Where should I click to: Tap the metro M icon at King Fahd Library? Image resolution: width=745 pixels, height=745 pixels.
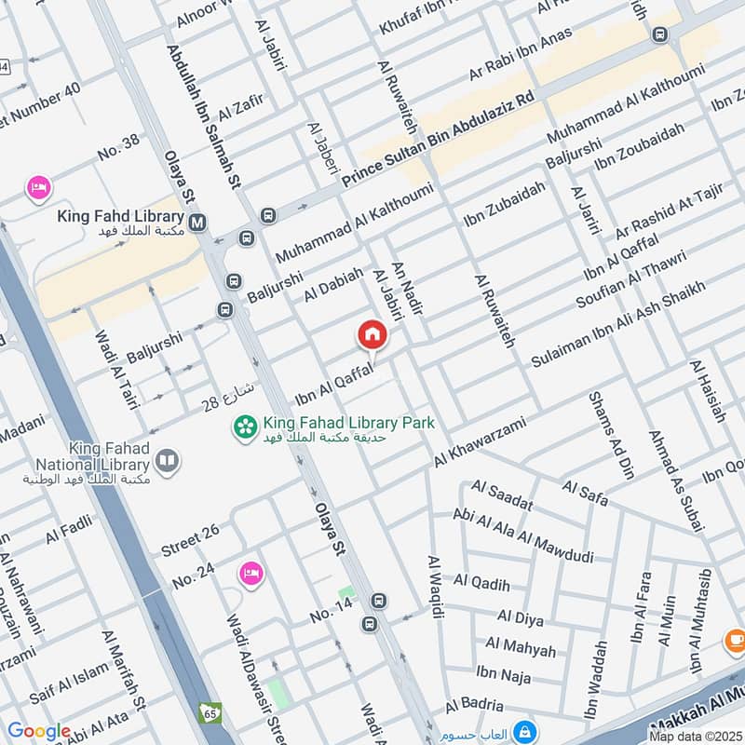pyautogui.click(x=196, y=223)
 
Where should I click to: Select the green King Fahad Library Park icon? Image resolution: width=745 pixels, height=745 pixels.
pyautogui.click(x=246, y=428)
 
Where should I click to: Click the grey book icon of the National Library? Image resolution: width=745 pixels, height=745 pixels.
pyautogui.click(x=168, y=460)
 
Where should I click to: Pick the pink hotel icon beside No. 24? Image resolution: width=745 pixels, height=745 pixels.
pyautogui.click(x=250, y=571)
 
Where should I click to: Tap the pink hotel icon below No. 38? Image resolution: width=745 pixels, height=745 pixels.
pyautogui.click(x=37, y=188)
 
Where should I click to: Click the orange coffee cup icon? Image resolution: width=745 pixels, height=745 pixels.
pyautogui.click(x=734, y=641)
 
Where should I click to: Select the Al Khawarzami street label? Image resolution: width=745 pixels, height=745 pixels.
pyautogui.click(x=480, y=442)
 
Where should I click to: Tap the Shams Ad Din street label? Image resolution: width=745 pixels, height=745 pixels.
pyautogui.click(x=611, y=435)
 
